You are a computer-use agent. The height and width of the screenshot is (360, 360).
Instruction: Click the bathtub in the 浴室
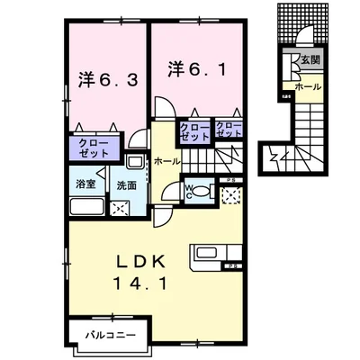(85, 208)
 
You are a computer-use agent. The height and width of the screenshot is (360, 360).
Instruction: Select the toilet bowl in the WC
(200, 192)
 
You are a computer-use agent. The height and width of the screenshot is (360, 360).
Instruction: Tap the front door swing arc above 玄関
(304, 39)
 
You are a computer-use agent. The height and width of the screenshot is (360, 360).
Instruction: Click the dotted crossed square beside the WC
(231, 196)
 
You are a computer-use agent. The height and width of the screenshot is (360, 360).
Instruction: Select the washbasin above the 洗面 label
(134, 163)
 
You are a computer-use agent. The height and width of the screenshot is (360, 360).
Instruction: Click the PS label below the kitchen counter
(231, 268)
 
